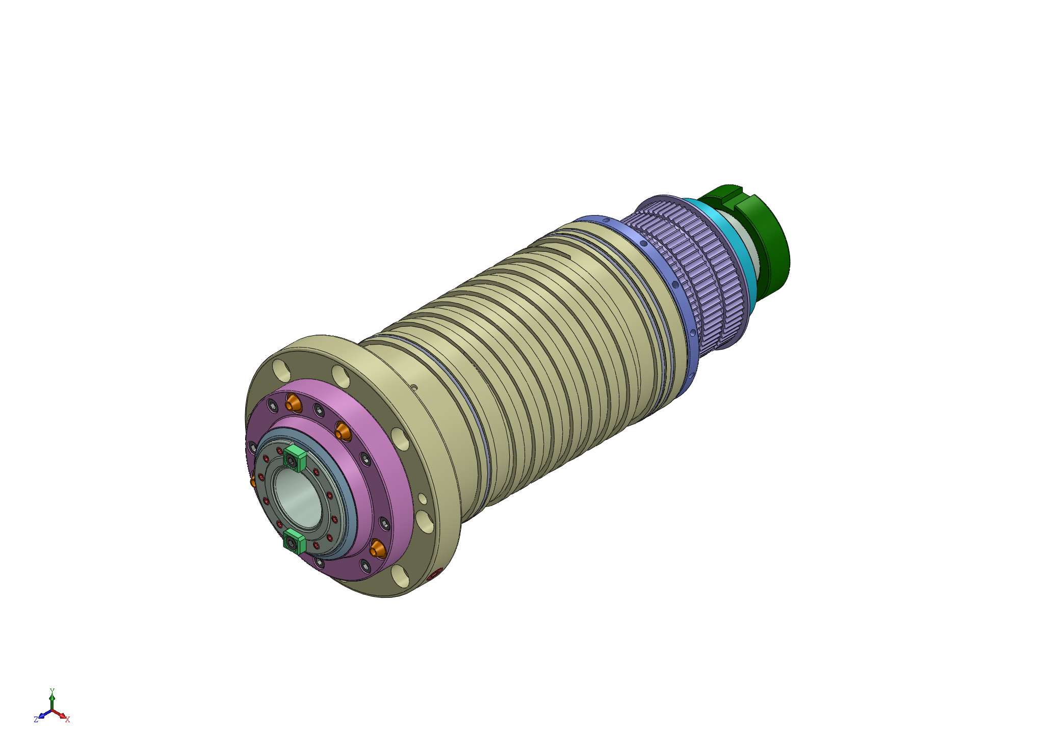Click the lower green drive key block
(294, 540)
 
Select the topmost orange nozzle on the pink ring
(293, 403)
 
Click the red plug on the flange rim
(434, 576)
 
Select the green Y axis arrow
(51, 696)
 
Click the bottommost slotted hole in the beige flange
(399, 576)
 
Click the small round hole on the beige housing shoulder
(414, 388)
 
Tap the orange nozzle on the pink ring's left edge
(252, 481)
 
